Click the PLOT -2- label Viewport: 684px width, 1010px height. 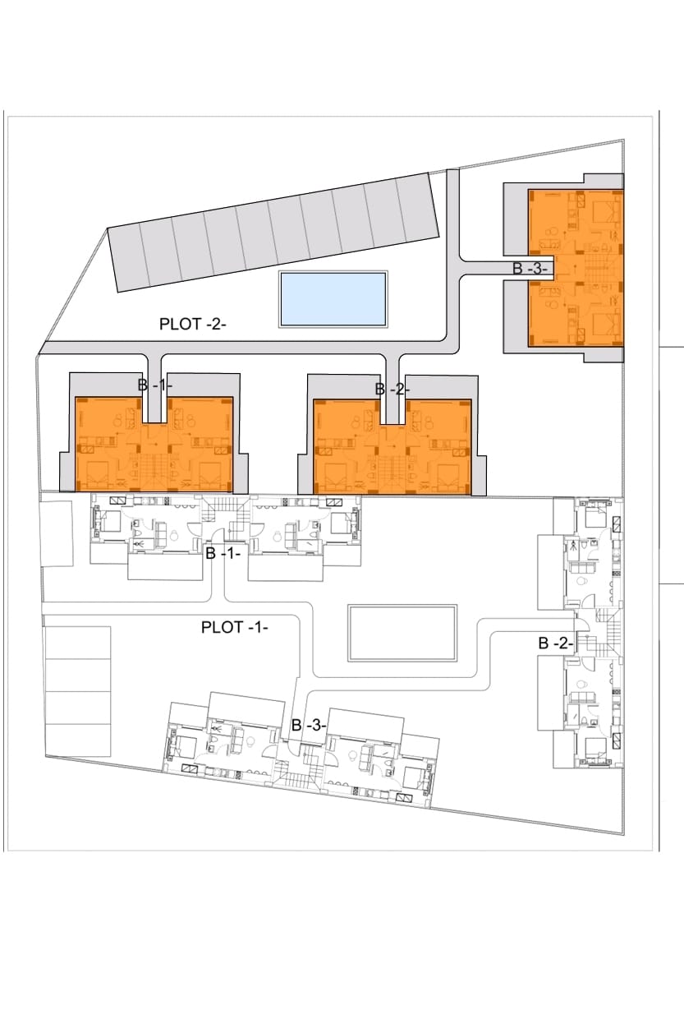click(192, 324)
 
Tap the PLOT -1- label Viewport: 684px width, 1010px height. click(235, 627)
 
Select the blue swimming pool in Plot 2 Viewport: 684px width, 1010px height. click(333, 298)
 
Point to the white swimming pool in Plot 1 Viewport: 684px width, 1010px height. click(402, 633)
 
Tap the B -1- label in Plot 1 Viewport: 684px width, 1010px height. click(223, 554)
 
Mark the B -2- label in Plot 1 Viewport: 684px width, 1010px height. click(555, 643)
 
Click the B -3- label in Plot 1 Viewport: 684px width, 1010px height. click(310, 726)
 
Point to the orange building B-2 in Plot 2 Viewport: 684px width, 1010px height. click(345, 444)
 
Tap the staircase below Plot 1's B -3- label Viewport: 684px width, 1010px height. click(294, 773)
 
